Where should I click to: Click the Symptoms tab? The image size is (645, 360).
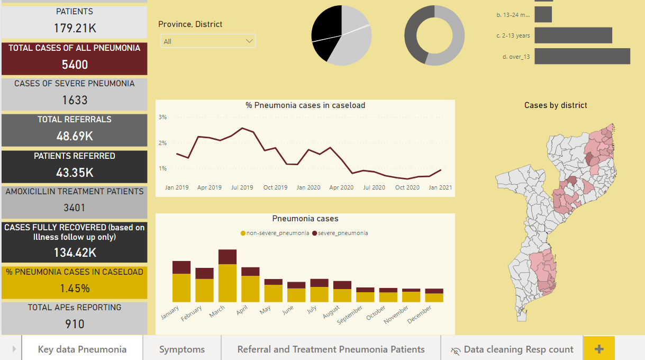click(182, 349)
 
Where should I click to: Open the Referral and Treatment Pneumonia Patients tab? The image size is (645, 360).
click(331, 349)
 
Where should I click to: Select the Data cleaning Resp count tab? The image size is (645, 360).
click(512, 349)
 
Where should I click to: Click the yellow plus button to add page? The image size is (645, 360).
click(599, 349)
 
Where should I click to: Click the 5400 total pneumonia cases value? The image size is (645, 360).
click(75, 65)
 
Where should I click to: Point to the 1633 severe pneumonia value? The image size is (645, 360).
click(75, 100)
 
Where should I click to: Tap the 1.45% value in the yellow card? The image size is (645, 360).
click(75, 289)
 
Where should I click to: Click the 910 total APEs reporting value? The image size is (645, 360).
click(75, 324)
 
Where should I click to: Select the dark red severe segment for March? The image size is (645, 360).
click(228, 257)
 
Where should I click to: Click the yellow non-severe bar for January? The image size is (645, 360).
click(181, 287)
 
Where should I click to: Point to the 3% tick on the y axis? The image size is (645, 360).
click(162, 117)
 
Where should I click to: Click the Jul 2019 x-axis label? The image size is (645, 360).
click(242, 187)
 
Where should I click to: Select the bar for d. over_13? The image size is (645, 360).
click(582, 56)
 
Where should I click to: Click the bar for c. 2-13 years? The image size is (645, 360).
click(573, 35)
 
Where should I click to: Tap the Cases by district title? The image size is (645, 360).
click(556, 105)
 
